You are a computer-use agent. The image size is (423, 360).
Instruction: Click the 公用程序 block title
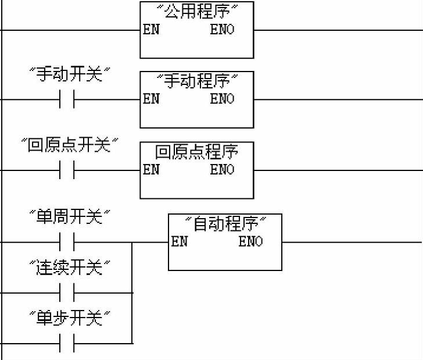(x=198, y=12)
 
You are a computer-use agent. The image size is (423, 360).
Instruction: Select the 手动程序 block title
(x=197, y=81)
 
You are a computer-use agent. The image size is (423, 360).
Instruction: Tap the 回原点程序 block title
(x=197, y=152)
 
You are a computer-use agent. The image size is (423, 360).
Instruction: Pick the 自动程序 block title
(x=225, y=224)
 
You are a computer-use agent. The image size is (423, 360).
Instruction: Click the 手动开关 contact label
(x=70, y=74)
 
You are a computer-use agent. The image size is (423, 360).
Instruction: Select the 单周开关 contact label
(x=70, y=218)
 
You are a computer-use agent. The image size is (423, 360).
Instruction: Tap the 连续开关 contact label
(x=70, y=268)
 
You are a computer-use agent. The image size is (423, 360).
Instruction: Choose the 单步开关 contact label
(x=70, y=319)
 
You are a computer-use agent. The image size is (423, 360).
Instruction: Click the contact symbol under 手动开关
(x=67, y=99)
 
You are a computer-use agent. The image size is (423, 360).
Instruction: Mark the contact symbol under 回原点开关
(x=67, y=170)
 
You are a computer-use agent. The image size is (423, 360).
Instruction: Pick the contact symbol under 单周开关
(x=67, y=242)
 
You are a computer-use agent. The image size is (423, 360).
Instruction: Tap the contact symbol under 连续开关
(x=67, y=293)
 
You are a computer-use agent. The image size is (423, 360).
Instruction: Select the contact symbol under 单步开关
(x=67, y=343)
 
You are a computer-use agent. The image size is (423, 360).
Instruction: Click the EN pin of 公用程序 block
(x=151, y=30)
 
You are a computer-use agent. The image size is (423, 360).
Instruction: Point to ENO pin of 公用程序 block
(x=223, y=30)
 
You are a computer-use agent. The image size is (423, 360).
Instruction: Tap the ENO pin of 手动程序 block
(x=223, y=99)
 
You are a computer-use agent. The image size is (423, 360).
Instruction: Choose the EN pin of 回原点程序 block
(x=151, y=170)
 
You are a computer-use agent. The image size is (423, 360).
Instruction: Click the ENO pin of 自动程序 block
(x=251, y=242)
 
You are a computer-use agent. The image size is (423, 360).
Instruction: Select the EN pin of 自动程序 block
(x=180, y=242)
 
